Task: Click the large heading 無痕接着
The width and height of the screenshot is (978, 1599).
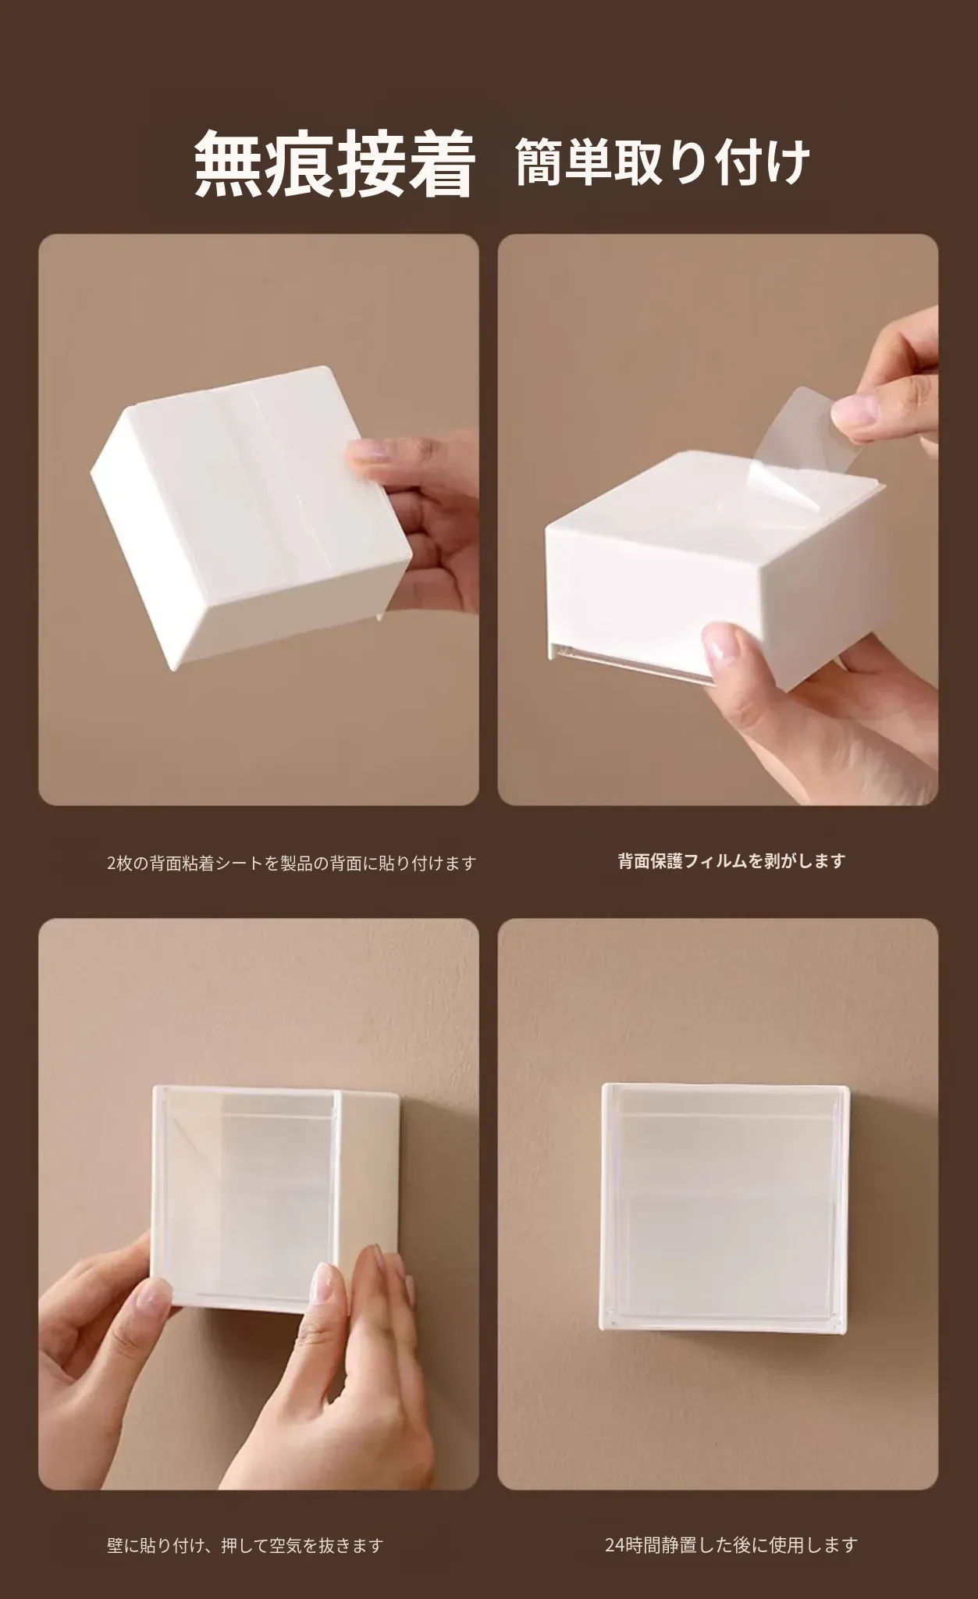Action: pos(334,163)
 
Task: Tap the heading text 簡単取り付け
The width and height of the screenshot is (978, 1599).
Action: pos(663,163)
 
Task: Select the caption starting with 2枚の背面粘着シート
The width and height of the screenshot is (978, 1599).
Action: pos(291,863)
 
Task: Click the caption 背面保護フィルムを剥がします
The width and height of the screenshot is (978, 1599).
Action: pos(731,861)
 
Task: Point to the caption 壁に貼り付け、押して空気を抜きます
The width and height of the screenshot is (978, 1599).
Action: pos(245,1545)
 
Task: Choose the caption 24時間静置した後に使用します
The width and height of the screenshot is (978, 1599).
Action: pos(731,1544)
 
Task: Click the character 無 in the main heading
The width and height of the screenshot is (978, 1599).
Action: pos(228,164)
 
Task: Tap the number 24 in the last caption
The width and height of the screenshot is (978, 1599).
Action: pos(614,1545)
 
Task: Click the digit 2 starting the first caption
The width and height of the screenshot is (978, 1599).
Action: pos(111,864)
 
